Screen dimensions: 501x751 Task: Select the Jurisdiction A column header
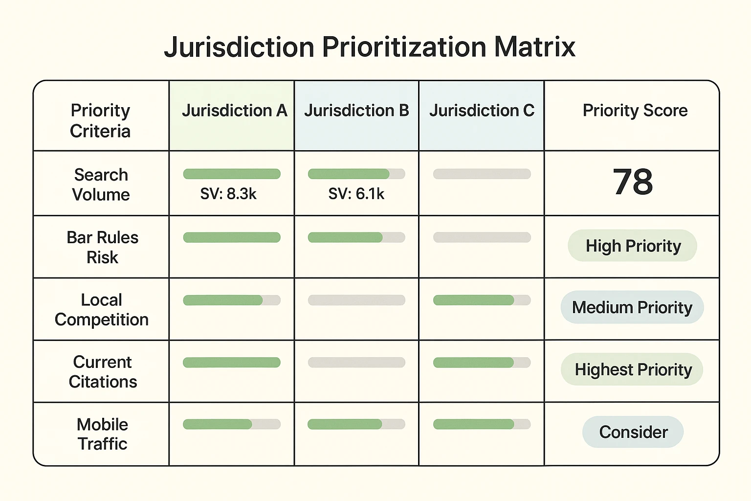234,111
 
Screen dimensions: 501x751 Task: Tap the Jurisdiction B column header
356,111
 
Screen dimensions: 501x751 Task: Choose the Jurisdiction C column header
482,111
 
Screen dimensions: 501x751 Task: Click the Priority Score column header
635,111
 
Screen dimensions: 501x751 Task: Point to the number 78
633,182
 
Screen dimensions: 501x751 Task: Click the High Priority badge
633,246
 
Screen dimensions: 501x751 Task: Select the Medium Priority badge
632,307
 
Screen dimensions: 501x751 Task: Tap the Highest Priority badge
633,369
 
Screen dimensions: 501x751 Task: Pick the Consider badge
633,432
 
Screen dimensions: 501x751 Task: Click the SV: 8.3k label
228,194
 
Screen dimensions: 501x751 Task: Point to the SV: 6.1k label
356,194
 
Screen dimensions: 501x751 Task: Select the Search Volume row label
101,184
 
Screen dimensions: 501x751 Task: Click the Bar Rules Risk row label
102,247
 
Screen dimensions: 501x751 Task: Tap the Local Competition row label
101,309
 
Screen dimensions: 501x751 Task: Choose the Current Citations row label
102,371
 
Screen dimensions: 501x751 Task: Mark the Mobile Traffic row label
102,433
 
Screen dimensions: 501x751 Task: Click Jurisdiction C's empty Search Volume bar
482,174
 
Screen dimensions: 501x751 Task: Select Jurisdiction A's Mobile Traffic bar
231,424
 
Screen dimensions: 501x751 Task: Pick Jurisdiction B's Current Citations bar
356,363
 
